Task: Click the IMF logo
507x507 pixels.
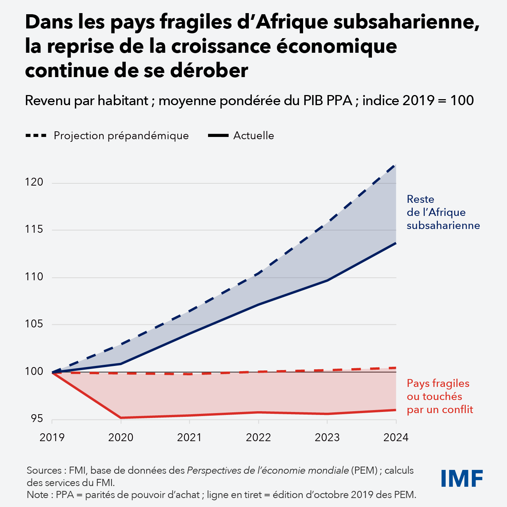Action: (x=462, y=478)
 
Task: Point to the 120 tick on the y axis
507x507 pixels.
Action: (x=34, y=182)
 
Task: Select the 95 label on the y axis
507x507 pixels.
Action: (x=37, y=419)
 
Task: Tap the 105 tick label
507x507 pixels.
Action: (x=34, y=324)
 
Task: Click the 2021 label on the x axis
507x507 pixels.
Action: (x=189, y=437)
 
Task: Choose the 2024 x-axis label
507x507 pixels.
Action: (x=396, y=437)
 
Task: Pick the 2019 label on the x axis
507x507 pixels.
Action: (x=52, y=437)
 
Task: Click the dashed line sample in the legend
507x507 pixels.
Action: (x=36, y=135)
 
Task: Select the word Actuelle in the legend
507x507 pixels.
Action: (x=253, y=135)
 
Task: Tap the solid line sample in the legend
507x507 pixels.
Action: (x=218, y=135)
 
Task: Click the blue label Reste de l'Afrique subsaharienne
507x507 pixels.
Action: (x=443, y=212)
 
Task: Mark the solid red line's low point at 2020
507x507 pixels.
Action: (x=121, y=418)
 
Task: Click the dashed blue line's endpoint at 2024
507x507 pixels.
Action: (x=395, y=165)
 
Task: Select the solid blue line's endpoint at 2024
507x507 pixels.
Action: (x=395, y=243)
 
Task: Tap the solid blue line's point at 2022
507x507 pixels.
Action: (x=259, y=305)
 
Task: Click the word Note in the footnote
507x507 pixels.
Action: (x=37, y=495)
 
